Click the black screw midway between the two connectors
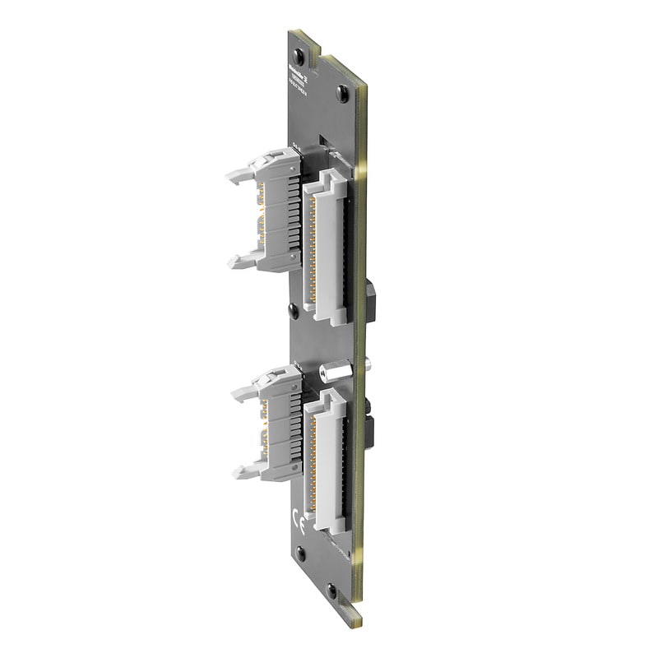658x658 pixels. coord(294,310)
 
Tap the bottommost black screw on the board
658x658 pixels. coord(331,589)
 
